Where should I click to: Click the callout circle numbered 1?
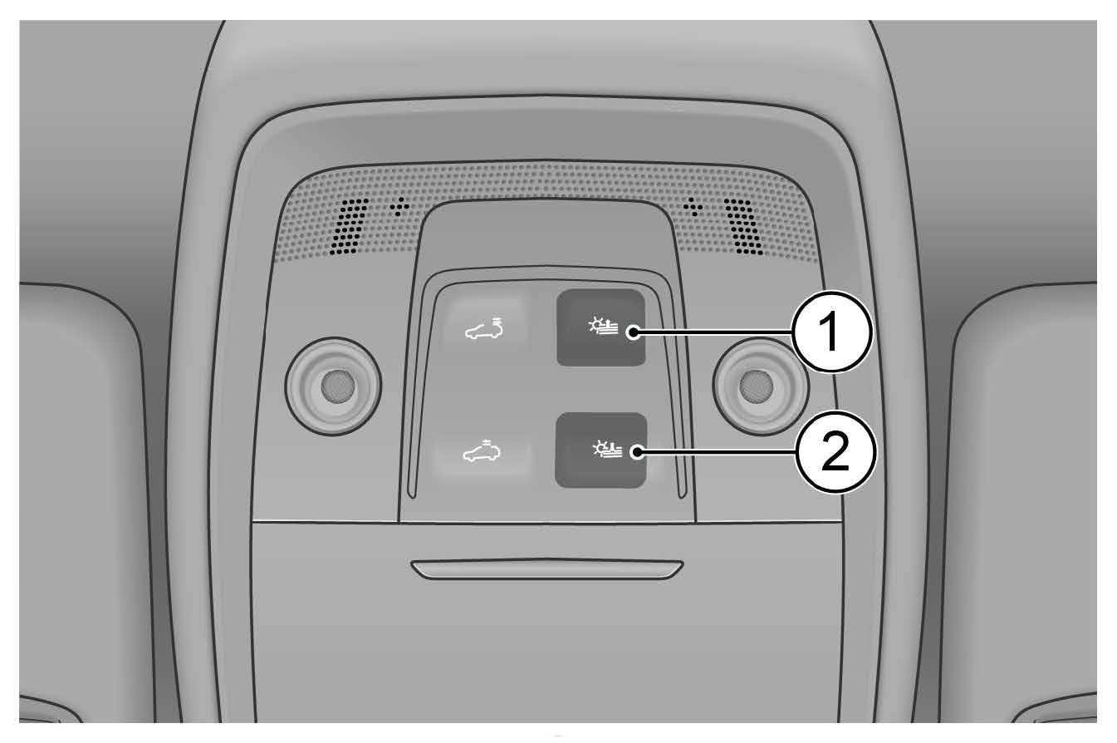click(831, 332)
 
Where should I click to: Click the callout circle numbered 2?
click(835, 452)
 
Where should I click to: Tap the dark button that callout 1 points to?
click(601, 327)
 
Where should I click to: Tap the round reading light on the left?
click(333, 386)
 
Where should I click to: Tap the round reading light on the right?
click(759, 386)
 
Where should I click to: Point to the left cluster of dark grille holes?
click(350, 227)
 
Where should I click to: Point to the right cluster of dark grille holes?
click(743, 227)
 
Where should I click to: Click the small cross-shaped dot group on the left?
click(399, 206)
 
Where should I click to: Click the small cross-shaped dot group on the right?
click(693, 206)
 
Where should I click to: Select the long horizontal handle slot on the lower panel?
click(547, 569)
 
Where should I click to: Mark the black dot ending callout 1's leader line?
click(634, 332)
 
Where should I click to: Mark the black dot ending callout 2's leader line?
click(637, 452)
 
